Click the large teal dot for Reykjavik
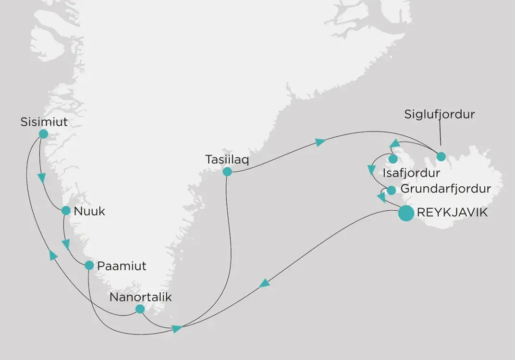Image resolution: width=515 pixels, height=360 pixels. (x=406, y=213)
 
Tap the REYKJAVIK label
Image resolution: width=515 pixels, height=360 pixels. (x=453, y=213)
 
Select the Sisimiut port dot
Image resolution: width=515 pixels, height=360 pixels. (x=43, y=134)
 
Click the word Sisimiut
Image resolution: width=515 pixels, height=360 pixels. (x=44, y=122)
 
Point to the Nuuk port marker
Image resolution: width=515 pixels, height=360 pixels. (x=66, y=210)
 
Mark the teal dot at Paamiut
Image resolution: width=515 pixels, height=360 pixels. (x=89, y=265)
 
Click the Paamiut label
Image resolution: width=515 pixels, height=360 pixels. (x=122, y=265)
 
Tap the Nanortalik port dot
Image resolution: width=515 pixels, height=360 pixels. (x=139, y=309)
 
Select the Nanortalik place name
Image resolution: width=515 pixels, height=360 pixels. (x=140, y=297)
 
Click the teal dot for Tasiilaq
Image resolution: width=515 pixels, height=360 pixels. (x=227, y=171)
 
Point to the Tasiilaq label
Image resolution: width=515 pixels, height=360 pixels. (x=227, y=159)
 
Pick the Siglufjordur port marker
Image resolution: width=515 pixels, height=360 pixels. (x=441, y=156)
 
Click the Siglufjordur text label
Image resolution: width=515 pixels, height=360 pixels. (x=439, y=114)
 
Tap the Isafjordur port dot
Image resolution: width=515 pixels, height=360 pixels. (x=392, y=159)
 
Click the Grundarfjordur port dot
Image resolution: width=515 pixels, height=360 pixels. (x=391, y=191)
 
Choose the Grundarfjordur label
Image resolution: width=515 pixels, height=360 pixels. (x=445, y=189)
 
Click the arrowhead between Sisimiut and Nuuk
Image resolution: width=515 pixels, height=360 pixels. (x=42, y=178)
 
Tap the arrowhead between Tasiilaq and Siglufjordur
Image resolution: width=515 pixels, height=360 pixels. (x=320, y=142)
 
